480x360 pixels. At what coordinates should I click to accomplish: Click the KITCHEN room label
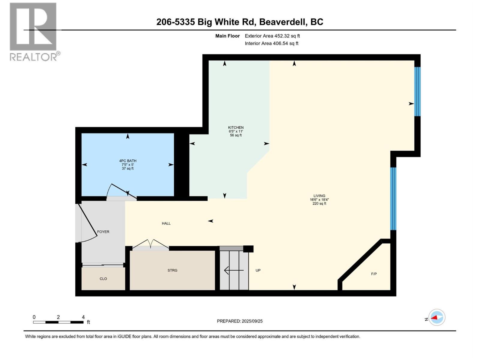[236, 127]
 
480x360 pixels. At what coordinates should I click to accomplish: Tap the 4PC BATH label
[128, 161]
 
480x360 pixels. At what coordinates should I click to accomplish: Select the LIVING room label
[319, 196]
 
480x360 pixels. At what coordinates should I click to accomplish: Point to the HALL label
[166, 223]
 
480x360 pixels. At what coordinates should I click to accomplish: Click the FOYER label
[103, 232]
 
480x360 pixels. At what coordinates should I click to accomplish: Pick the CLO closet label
[103, 279]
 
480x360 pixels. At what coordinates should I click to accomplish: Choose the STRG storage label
[172, 270]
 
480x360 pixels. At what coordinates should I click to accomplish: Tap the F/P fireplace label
[374, 274]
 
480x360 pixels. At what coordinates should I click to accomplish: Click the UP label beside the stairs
[258, 270]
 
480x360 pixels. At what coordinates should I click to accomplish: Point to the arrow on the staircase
[234, 270]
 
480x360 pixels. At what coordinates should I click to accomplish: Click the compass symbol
[437, 317]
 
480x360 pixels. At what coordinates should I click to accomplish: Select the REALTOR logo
[34, 32]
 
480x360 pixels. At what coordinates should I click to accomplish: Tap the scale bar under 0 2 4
[58, 322]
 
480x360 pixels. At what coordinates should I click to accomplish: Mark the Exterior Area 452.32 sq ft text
[272, 36]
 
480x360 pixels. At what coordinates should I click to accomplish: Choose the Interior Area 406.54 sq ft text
[271, 43]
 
